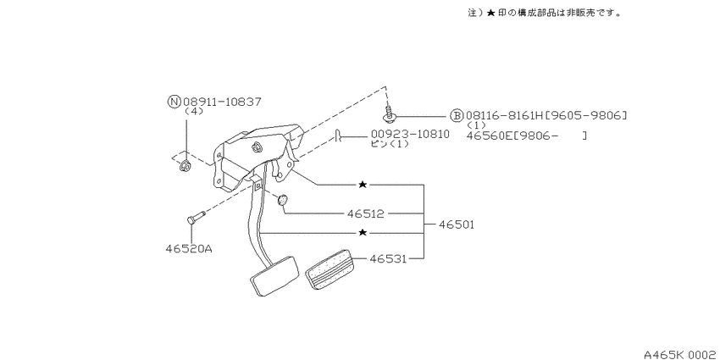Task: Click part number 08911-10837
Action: tap(222, 102)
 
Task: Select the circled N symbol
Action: tap(174, 102)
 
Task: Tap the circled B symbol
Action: tap(457, 116)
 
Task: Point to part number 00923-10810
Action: tap(410, 134)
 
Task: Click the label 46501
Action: tap(456, 225)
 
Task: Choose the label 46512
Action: tap(366, 213)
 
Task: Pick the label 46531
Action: tap(388, 259)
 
